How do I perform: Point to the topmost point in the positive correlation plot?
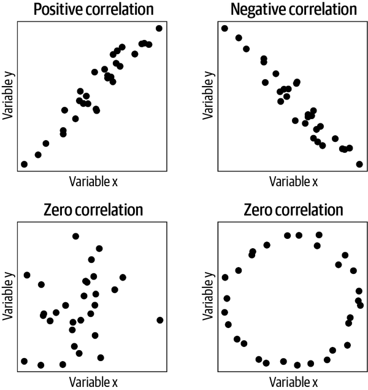point(159,28)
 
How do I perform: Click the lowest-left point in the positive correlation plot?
point(24,164)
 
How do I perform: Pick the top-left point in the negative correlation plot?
point(224,28)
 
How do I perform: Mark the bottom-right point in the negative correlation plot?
point(359,164)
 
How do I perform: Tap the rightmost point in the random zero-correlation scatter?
point(160,320)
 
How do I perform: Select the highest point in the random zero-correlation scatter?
point(75,236)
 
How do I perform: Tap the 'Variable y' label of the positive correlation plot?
point(9,95)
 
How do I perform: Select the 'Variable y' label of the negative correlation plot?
point(208,95)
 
